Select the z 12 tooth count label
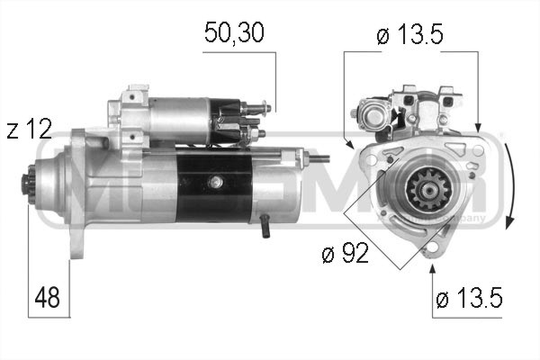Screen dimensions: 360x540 coord(28,129)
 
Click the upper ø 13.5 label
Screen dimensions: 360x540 coord(413,37)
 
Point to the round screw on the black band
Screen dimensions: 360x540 coord(215,184)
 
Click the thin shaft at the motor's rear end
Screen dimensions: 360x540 coord(317,160)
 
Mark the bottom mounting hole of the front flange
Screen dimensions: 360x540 coord(432,245)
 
